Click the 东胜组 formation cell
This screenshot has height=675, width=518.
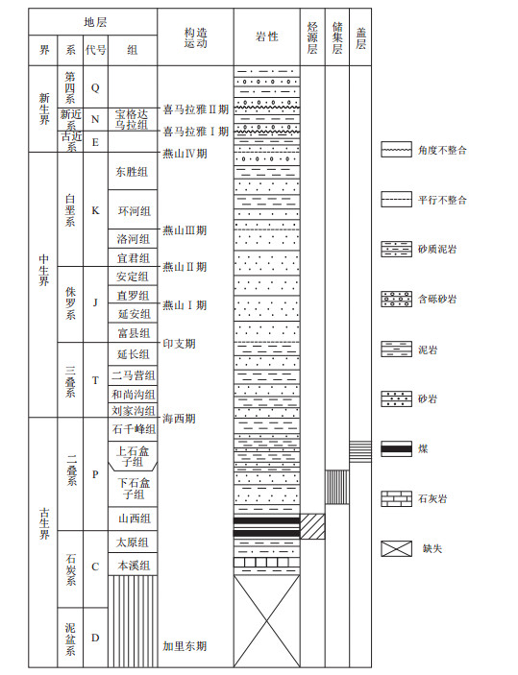click(x=133, y=171)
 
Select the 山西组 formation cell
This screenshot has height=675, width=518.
click(x=133, y=518)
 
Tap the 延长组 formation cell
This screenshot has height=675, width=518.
click(x=133, y=354)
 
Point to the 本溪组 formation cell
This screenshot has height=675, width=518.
click(x=133, y=565)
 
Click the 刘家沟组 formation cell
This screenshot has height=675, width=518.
click(x=133, y=410)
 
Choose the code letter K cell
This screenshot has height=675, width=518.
click(x=95, y=209)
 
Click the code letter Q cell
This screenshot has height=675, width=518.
click(x=95, y=87)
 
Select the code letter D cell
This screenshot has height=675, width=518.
click(x=95, y=638)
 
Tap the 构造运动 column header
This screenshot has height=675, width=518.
click(x=196, y=37)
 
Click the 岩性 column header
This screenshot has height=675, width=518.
click(x=267, y=37)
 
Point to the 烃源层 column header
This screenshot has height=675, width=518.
click(x=312, y=37)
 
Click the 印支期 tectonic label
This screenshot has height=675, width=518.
click(x=180, y=344)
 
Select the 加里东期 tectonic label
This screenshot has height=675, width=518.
click(x=185, y=646)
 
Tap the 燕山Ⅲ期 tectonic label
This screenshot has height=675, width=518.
click(x=185, y=230)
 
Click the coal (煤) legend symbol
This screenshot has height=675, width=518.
click(x=397, y=449)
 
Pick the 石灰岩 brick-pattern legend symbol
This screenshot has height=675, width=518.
click(x=397, y=499)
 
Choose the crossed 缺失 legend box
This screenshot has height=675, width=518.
click(x=397, y=549)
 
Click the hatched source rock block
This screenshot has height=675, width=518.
click(x=312, y=526)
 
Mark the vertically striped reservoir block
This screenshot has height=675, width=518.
click(x=337, y=487)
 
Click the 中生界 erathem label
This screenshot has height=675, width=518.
click(x=44, y=270)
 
